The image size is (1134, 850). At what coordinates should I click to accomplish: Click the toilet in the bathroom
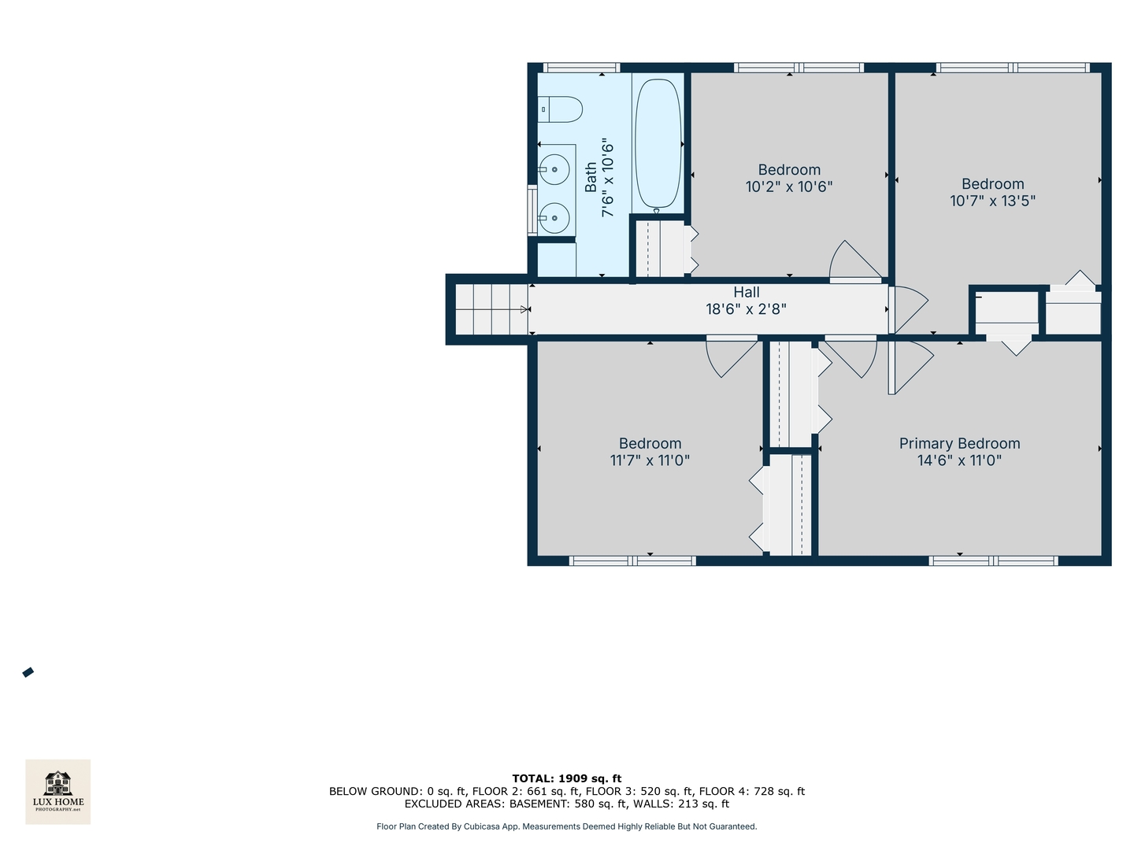561,109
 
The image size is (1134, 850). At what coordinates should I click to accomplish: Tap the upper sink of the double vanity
554,169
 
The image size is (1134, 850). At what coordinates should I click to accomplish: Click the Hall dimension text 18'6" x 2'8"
746,309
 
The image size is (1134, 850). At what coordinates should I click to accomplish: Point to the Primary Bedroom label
959,444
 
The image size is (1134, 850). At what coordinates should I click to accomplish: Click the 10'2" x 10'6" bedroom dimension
788,187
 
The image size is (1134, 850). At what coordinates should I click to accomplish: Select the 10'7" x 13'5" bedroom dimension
992,201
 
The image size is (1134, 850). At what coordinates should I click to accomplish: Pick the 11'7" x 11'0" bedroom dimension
650,460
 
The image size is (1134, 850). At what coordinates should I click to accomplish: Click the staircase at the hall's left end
491,309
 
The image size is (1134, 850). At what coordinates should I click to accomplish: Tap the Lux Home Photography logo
58,791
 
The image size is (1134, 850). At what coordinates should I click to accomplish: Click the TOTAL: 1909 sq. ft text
566,778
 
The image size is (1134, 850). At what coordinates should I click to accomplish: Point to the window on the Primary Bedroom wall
992,560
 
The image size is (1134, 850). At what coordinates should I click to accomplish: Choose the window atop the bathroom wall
581,68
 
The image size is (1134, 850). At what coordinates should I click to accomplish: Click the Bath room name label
591,178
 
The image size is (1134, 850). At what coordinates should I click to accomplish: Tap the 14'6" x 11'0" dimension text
959,460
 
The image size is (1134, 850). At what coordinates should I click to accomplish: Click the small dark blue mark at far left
28,672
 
